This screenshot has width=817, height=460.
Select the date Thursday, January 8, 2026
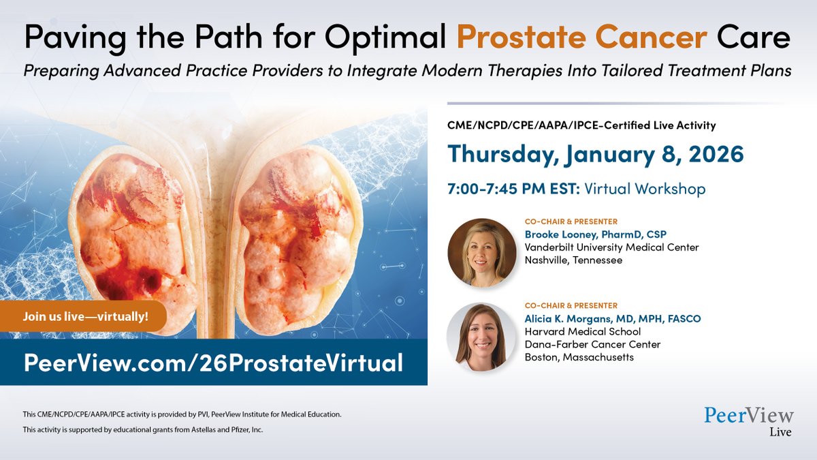tap(595, 154)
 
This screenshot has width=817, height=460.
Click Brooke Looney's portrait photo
tap(481, 252)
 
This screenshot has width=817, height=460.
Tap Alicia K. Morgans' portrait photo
tap(481, 337)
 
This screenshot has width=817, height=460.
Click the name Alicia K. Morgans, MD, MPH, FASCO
tap(612, 318)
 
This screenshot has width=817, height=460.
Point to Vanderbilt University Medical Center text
tap(611, 247)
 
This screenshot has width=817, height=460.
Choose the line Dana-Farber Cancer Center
tap(592, 344)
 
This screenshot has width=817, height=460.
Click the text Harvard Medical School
tap(582, 331)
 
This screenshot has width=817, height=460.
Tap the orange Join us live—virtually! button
tap(86, 316)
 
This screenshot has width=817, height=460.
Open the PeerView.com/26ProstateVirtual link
tap(213, 362)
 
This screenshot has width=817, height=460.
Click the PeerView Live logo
tap(748, 421)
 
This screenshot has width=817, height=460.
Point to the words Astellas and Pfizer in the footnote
tap(219, 430)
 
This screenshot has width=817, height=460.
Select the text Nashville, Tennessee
tap(573, 260)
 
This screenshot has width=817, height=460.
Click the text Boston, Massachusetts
tap(579, 357)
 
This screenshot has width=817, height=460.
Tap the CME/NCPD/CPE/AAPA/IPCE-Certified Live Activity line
tap(581, 125)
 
